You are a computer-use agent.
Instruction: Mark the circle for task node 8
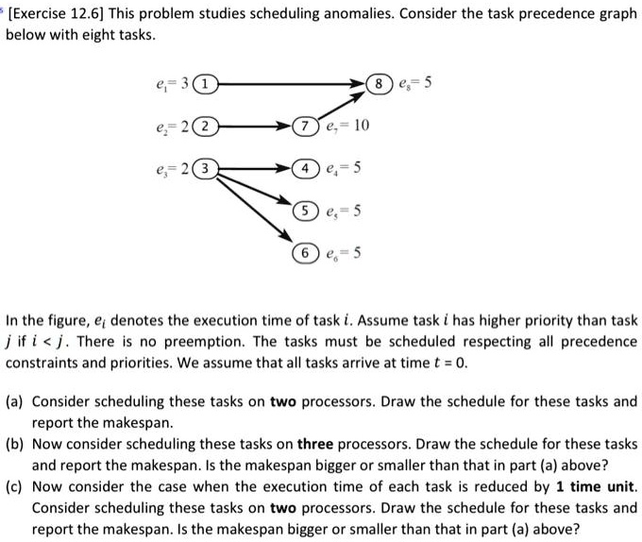(380, 84)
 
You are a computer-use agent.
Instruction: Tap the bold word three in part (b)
(319, 443)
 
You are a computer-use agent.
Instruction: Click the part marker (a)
(17, 400)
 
